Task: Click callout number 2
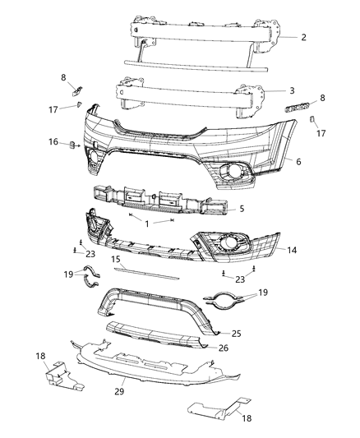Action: (x=303, y=38)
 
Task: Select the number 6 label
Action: (x=298, y=162)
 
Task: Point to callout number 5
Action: (x=242, y=210)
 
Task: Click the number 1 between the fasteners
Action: (x=148, y=224)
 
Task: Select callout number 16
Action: (x=53, y=143)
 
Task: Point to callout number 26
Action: (x=224, y=348)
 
